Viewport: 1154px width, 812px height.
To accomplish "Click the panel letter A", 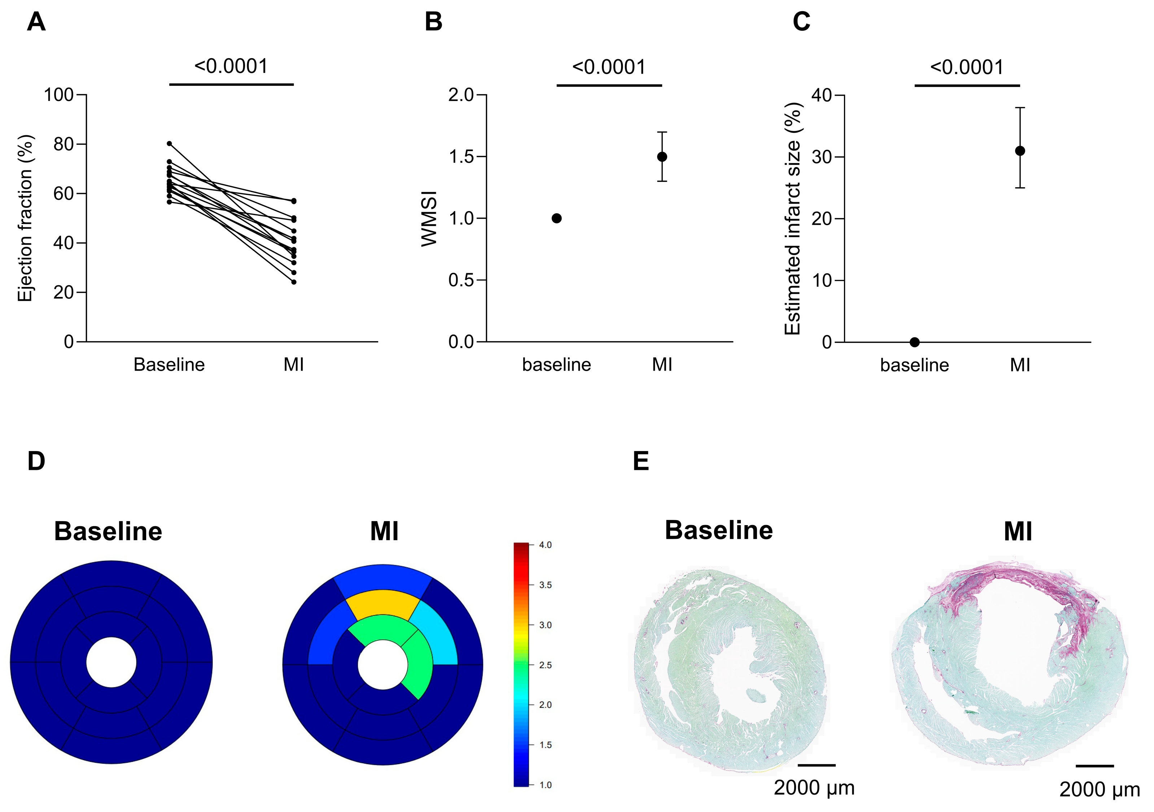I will (x=36, y=22).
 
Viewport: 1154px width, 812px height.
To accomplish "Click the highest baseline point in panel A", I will (x=169, y=144).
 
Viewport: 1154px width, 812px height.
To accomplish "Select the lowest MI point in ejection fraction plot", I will (x=293, y=282).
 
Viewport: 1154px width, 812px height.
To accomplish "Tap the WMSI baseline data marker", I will (x=556, y=218).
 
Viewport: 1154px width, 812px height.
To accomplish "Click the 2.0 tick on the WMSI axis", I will (x=461, y=95).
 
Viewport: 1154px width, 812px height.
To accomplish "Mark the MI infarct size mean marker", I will (x=1020, y=151).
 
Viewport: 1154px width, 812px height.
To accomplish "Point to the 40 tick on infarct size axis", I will (x=822, y=95).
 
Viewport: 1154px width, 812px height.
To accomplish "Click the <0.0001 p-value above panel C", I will (x=966, y=67).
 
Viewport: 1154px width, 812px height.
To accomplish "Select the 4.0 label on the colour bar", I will (x=545, y=545).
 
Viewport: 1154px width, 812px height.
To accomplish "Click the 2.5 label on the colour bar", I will (x=545, y=665).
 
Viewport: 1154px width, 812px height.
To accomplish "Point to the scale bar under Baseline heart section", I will (x=816, y=765).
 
